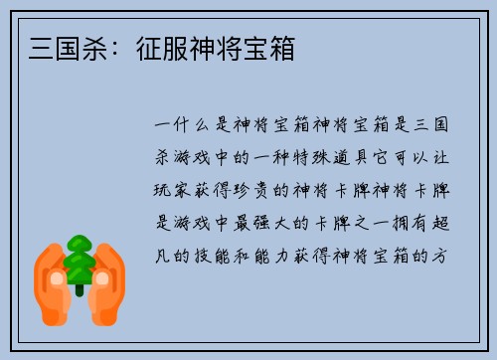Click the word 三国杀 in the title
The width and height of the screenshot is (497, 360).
(x=64, y=48)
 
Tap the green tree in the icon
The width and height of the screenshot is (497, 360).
(x=80, y=261)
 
